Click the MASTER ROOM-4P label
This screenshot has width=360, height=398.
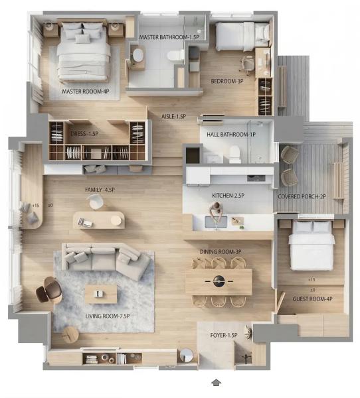click(86, 92)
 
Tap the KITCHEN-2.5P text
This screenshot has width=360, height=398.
click(228, 196)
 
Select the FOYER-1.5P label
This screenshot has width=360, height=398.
click(224, 335)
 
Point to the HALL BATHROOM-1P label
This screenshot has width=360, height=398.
click(231, 135)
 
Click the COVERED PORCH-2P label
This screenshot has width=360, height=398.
click(302, 197)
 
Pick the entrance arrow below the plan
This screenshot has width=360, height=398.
click(216, 383)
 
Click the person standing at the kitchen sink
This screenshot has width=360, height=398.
click(216, 210)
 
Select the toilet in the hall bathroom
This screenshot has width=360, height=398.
click(234, 155)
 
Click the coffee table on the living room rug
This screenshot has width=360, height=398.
click(101, 294)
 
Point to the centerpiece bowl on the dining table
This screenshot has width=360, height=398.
click(219, 281)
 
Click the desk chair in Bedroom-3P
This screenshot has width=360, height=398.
click(247, 64)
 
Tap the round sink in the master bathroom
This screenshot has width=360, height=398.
click(139, 55)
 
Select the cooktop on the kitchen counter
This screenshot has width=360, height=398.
click(256, 178)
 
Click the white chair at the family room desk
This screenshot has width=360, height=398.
click(95, 202)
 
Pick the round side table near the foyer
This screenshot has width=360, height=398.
click(187, 355)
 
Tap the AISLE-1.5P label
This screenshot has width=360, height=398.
click(173, 117)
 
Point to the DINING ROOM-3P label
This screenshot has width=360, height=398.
click(220, 252)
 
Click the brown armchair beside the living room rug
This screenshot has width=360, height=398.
click(49, 290)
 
